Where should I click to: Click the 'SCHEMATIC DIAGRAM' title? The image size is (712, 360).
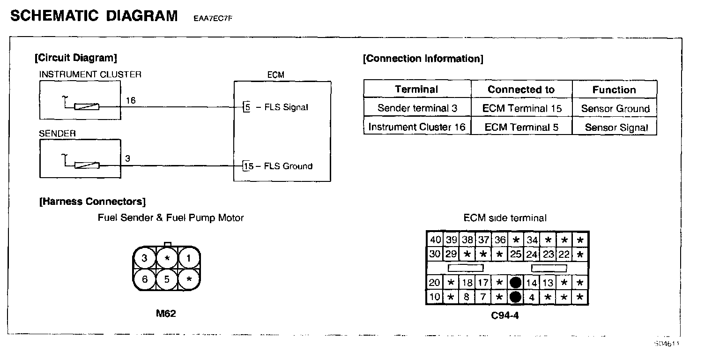click(94, 16)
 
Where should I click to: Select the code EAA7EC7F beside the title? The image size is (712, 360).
click(213, 19)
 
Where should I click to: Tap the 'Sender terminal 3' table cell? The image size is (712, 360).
click(417, 108)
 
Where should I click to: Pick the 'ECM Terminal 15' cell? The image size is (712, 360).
click(521, 108)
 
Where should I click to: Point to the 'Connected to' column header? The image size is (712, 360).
click(521, 90)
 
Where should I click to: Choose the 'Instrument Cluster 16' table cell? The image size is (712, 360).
click(417, 127)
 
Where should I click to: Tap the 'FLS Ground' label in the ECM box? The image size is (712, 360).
click(288, 166)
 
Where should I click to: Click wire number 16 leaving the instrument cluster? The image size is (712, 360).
click(131, 100)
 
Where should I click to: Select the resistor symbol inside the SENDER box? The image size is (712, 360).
click(87, 165)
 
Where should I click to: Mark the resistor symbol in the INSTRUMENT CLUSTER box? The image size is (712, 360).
click(87, 107)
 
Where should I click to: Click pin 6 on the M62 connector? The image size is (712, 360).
click(145, 279)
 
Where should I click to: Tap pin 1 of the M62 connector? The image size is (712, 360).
click(188, 258)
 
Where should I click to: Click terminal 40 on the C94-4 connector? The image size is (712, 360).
click(435, 240)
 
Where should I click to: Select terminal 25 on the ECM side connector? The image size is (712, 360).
click(515, 254)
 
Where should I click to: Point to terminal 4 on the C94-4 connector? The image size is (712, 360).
click(532, 297)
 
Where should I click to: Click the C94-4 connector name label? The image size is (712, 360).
click(505, 315)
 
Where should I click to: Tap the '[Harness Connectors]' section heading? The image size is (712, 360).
click(92, 202)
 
